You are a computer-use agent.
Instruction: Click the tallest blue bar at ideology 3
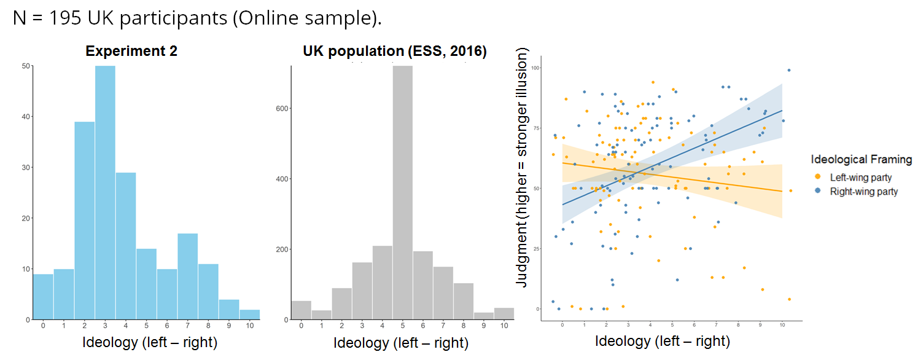[x=105, y=192]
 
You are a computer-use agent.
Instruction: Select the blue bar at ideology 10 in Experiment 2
[x=249, y=315]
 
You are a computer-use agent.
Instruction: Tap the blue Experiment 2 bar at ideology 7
[x=188, y=276]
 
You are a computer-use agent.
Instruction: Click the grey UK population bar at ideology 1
[x=321, y=315]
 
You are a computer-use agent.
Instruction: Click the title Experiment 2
[x=131, y=51]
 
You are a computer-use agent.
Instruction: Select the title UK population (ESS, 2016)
[x=394, y=52]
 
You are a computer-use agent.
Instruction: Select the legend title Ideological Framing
[x=861, y=160]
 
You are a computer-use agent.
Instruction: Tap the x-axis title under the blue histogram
[x=150, y=342]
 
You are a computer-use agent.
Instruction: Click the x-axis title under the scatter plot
[x=663, y=341]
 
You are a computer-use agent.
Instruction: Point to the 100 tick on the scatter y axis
[x=535, y=68]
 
